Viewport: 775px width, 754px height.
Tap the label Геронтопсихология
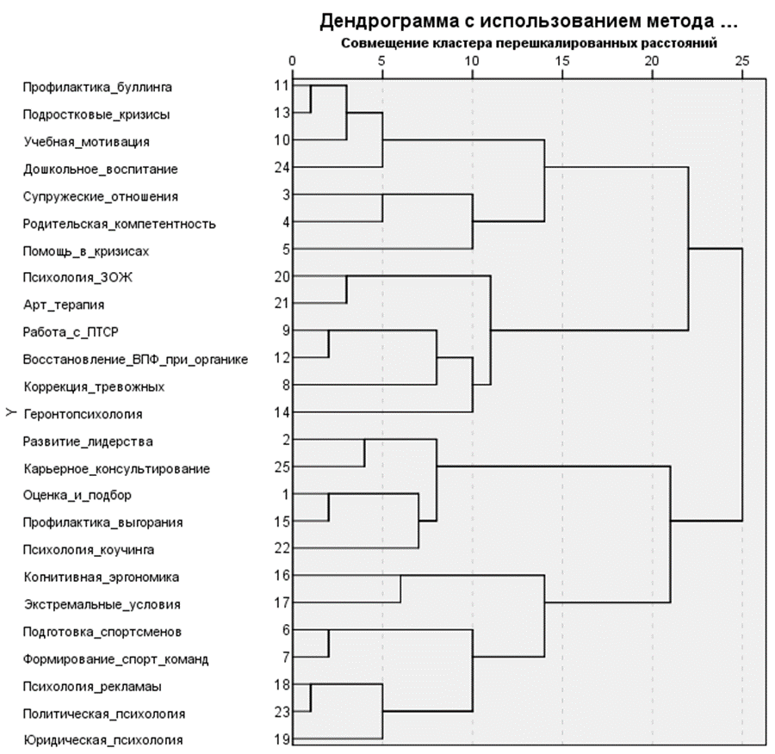[x=83, y=414]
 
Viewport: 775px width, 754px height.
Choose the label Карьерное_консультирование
[x=117, y=469]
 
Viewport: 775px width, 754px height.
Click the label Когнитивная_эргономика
[x=102, y=577]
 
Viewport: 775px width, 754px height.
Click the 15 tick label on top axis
[x=561, y=61]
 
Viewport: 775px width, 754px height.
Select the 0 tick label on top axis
[x=293, y=61]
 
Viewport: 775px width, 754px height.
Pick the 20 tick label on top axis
[x=652, y=61]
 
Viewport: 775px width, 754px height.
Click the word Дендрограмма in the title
[x=379, y=21]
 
